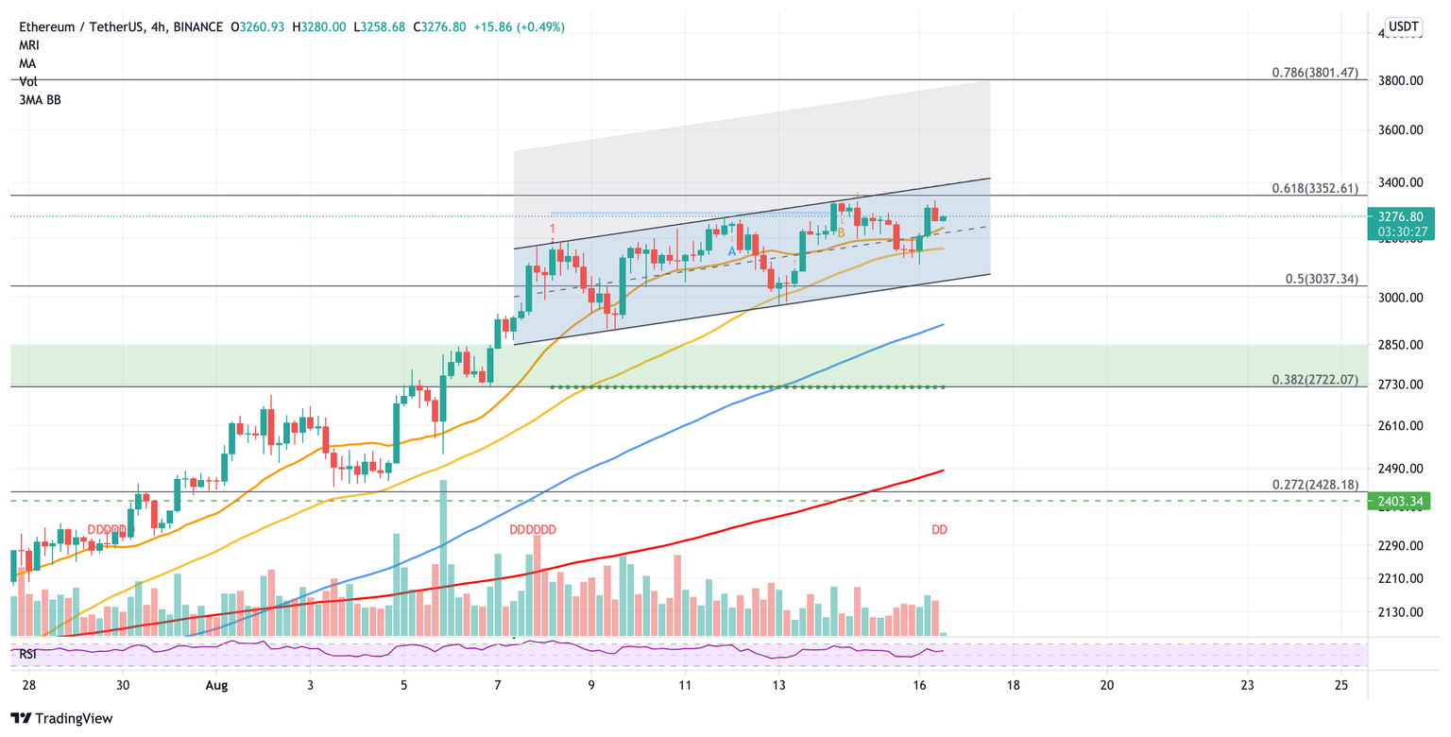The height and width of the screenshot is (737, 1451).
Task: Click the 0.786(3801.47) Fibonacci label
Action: click(1315, 73)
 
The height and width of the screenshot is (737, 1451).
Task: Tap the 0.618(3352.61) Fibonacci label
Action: click(1315, 188)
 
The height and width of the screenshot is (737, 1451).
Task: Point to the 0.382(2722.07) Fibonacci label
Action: click(1315, 379)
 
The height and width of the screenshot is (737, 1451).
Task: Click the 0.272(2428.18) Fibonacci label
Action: click(1315, 485)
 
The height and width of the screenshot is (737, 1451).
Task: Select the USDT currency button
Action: click(1404, 26)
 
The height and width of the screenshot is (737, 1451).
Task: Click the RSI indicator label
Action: click(30, 652)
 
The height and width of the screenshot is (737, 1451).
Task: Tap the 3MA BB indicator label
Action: click(40, 99)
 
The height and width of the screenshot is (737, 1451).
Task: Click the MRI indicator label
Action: click(29, 45)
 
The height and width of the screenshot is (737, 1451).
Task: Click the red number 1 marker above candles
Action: click(553, 229)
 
